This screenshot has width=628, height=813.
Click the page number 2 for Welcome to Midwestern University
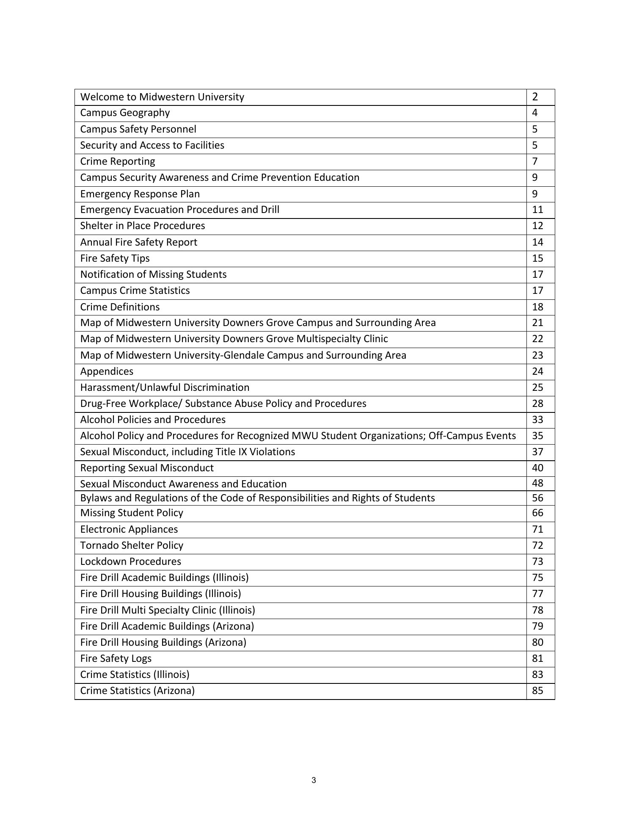(535, 97)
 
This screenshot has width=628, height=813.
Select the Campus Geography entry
(125, 113)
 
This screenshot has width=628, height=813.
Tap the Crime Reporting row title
(118, 161)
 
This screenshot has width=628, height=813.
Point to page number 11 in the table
(537, 210)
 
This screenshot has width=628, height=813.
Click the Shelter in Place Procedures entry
(143, 226)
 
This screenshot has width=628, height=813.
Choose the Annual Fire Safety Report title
(139, 242)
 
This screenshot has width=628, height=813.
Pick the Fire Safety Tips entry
(115, 258)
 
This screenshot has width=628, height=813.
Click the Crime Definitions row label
(120, 307)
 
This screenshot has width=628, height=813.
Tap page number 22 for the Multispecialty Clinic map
(537, 339)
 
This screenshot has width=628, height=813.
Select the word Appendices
(107, 371)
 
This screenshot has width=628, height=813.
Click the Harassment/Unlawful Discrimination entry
(165, 387)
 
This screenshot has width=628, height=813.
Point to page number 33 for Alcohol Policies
(537, 420)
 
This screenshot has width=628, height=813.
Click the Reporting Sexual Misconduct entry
(147, 468)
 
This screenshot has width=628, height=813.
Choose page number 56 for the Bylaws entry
(537, 498)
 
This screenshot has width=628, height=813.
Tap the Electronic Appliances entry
(129, 529)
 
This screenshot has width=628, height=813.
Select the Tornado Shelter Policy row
(132, 545)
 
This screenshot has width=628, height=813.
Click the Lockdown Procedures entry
(131, 561)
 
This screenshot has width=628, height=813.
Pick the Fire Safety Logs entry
(116, 658)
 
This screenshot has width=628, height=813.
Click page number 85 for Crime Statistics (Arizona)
(537, 691)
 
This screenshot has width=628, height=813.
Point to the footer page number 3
(314, 780)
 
